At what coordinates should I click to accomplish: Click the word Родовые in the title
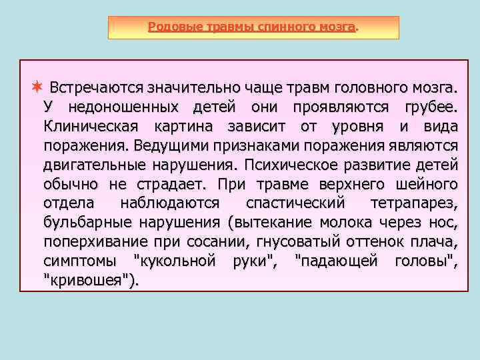coord(169,27)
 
